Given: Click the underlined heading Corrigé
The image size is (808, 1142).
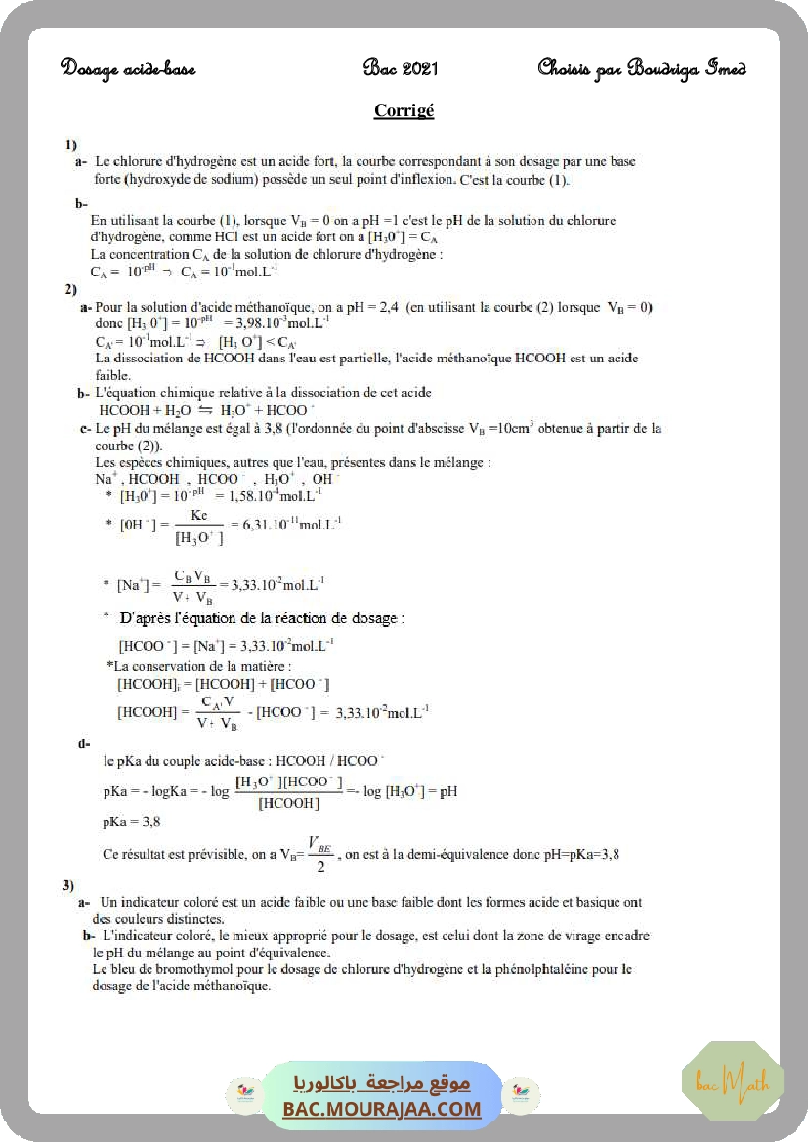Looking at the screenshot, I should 404,110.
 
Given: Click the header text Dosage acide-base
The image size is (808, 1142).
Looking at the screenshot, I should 128,68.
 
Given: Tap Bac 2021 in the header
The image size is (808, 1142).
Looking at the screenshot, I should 401,68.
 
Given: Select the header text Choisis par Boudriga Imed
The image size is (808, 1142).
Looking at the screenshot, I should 642,68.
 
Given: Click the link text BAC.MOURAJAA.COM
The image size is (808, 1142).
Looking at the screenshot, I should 382,1109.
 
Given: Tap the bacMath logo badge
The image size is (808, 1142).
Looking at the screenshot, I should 732,1081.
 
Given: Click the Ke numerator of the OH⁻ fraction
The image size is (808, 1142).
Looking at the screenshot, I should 199,514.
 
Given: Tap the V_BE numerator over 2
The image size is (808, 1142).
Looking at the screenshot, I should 319,843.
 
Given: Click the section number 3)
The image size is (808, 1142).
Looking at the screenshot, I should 68,885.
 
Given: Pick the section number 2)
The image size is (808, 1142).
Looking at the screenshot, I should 70,289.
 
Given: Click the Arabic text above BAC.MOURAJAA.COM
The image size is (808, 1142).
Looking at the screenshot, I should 382,1083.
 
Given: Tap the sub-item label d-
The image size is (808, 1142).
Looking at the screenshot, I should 84,744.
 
